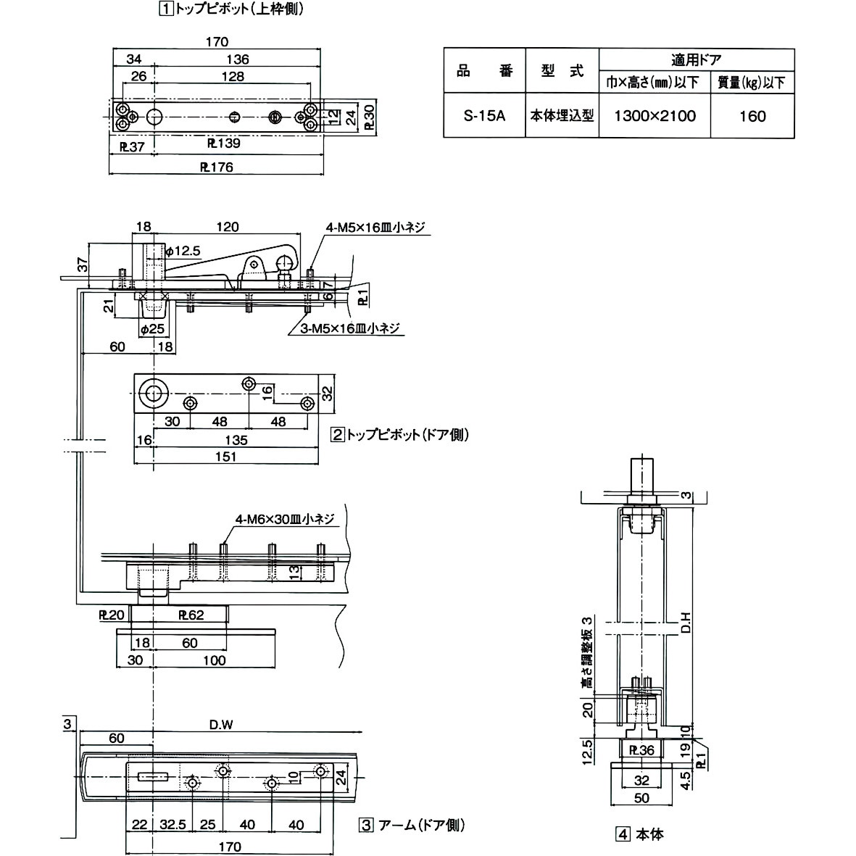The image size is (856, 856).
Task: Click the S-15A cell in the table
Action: [x=484, y=116]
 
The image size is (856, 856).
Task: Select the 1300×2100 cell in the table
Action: [x=655, y=116]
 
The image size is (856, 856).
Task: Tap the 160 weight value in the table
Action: [x=752, y=116]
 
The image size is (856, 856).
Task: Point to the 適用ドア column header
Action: [x=696, y=60]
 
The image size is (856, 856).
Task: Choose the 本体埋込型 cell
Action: [x=562, y=116]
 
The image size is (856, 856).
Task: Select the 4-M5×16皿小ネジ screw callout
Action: [x=374, y=228]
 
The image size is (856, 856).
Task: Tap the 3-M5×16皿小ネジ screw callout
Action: [x=351, y=329]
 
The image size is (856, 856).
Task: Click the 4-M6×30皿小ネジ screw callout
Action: [x=284, y=519]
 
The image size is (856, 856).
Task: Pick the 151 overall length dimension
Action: [x=226, y=457]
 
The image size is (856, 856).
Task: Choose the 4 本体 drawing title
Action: [x=640, y=834]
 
